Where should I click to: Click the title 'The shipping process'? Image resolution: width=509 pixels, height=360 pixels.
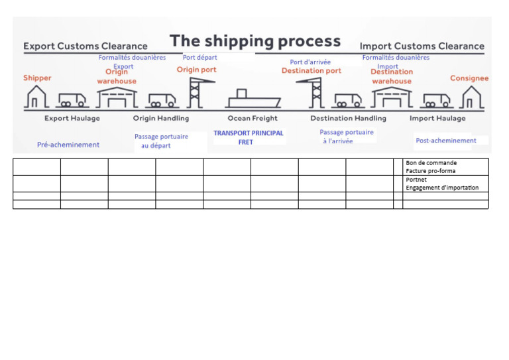click(x=255, y=41)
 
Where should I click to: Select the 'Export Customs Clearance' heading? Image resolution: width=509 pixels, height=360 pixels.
click(x=85, y=46)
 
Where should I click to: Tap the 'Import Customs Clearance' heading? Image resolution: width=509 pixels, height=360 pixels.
click(x=422, y=46)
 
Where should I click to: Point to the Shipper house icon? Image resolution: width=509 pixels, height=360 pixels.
click(x=36, y=97)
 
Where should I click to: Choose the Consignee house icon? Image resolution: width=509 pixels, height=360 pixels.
click(x=471, y=97)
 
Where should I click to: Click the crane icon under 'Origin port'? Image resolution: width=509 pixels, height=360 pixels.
click(x=194, y=93)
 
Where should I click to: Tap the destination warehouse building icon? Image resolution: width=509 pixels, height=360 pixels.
click(x=391, y=97)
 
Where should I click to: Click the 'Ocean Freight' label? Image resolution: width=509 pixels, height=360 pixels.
click(x=253, y=119)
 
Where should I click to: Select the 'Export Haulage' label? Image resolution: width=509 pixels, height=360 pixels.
click(x=72, y=119)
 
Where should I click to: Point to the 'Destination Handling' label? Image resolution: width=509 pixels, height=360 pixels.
click(x=348, y=119)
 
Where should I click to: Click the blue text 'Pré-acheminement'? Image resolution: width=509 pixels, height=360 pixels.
click(x=68, y=145)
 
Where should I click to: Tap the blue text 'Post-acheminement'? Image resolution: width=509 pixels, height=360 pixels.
click(x=445, y=141)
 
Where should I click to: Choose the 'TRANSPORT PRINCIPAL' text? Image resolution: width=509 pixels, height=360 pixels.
click(x=248, y=133)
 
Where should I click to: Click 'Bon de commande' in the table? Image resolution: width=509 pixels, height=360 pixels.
click(x=431, y=163)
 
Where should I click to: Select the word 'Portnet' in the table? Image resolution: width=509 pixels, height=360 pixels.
click(x=416, y=180)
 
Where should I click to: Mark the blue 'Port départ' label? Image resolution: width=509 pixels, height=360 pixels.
click(x=199, y=58)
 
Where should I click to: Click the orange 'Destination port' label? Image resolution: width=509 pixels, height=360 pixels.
click(x=311, y=71)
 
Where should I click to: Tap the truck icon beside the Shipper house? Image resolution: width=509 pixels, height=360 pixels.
click(x=72, y=100)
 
